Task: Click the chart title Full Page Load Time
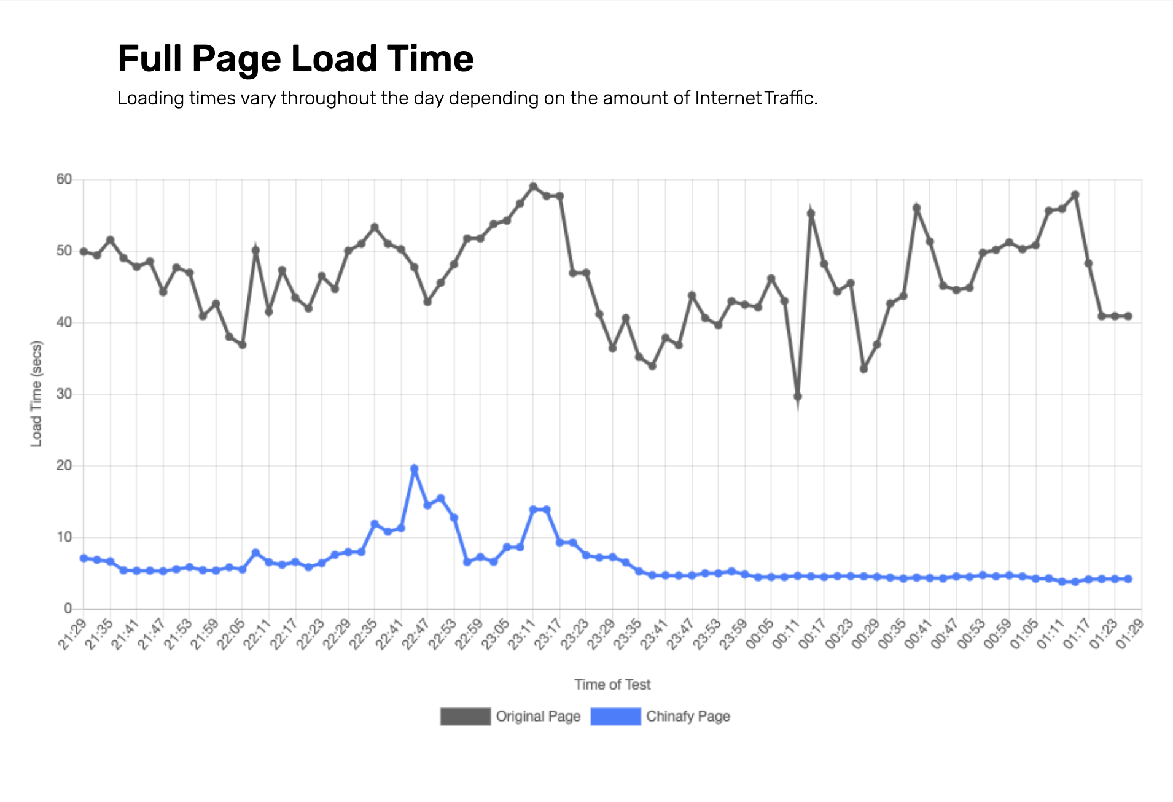295,59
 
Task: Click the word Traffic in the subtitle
790,98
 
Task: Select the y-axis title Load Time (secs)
37,394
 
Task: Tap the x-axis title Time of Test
612,685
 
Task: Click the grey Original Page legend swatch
466,717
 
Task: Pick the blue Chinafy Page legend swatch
615,717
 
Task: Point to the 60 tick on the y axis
64,179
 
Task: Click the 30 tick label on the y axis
64,394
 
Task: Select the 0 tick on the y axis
68,609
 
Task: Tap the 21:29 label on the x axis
72,635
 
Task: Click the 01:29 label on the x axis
1131,635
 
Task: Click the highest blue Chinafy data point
415,469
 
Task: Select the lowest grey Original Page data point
798,397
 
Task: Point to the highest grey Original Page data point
533,187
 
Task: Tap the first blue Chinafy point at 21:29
84,558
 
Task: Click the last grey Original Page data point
1128,316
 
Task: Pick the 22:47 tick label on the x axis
416,635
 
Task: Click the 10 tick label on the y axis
64,537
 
